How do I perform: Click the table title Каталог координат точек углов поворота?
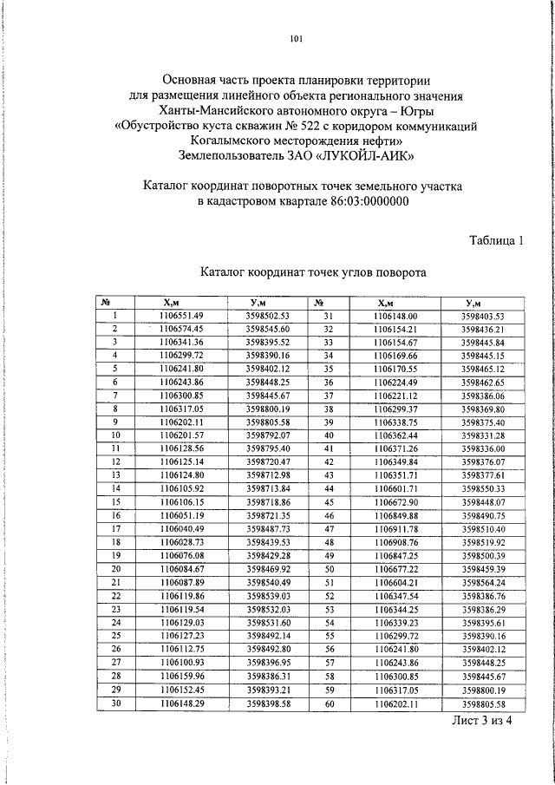(x=313, y=271)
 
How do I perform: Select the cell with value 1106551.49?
(x=180, y=316)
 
